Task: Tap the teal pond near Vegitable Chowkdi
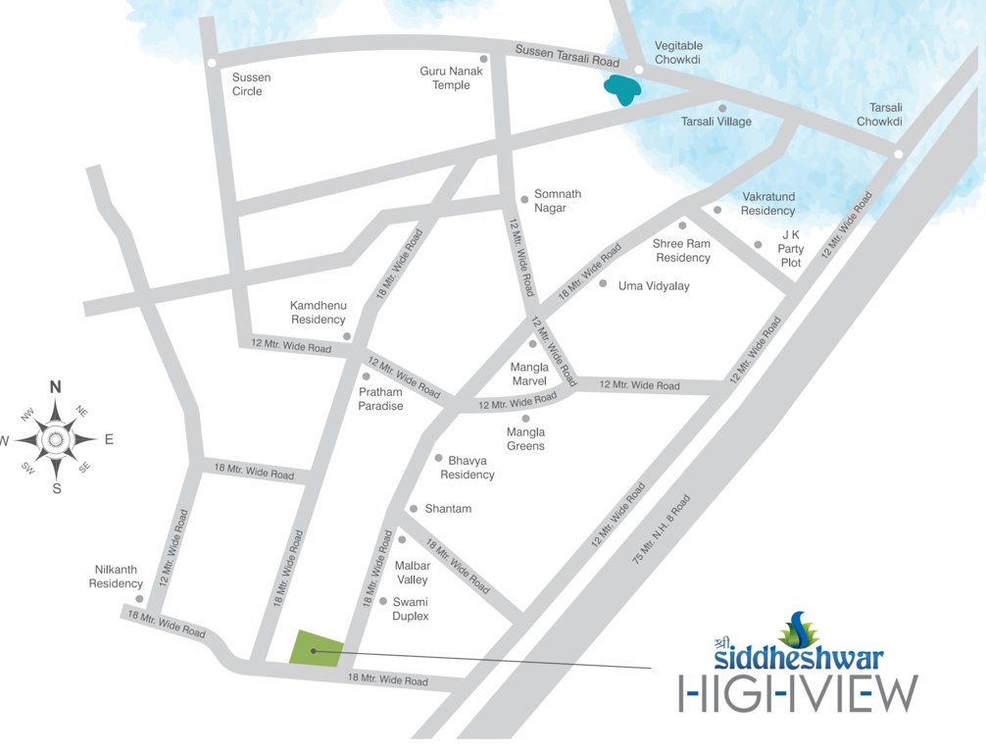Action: [x=622, y=90]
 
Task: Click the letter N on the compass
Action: [x=56, y=386]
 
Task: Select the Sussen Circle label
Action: [x=251, y=84]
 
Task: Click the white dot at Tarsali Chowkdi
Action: [x=898, y=154]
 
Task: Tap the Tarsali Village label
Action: [x=716, y=122]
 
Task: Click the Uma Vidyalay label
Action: [x=654, y=285]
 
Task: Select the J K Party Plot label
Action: [x=790, y=249]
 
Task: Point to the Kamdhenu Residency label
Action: [x=318, y=313]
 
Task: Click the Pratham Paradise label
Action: [x=380, y=399]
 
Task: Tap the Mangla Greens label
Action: [x=525, y=439]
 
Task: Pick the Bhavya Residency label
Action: [x=468, y=467]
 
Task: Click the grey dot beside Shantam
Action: [x=414, y=508]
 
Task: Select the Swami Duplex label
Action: [x=411, y=609]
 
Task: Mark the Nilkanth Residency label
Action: [x=117, y=577]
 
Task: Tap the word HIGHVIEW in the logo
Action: [x=799, y=692]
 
